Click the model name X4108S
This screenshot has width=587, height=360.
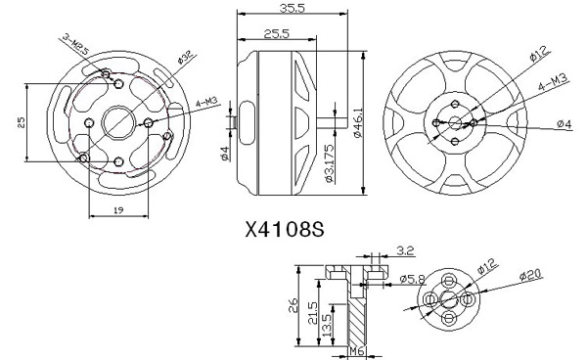coord(285,229)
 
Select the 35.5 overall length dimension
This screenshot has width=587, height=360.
coord(293,8)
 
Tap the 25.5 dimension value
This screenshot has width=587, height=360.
coord(277,33)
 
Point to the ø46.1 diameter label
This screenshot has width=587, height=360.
coord(358,122)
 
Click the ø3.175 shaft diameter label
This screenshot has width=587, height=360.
coord(329,163)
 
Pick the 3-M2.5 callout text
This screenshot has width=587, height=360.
coord(76,44)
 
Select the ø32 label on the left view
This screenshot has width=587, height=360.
coord(186,58)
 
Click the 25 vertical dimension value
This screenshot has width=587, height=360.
coord(22,122)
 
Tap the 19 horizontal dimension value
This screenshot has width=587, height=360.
coord(118,210)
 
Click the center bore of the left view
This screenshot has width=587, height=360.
coord(118,122)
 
